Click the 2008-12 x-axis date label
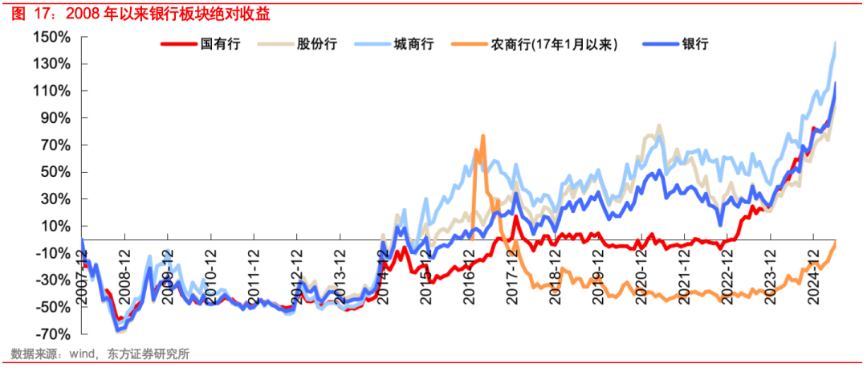123,275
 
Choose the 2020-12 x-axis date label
641,275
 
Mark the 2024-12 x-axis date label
814,275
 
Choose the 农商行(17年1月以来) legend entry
554,44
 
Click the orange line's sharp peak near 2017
482,136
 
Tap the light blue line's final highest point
836,42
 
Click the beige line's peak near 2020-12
659,125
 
